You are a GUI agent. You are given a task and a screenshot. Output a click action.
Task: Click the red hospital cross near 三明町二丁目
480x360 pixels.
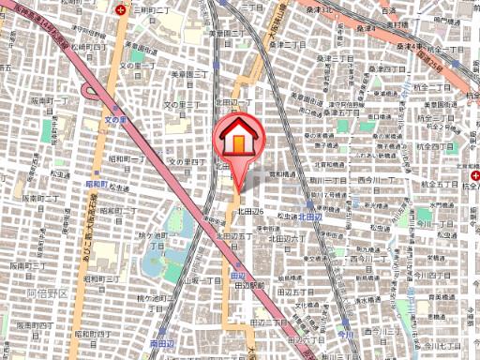pyautogui.click(x=120, y=10)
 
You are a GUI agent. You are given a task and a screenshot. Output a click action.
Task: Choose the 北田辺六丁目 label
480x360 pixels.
pyautogui.click(x=256, y=212)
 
